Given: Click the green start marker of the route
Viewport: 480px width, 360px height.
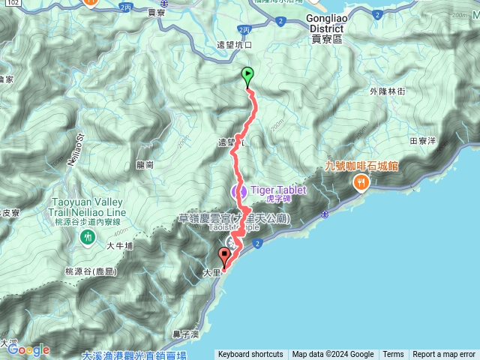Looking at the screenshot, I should pyautogui.click(x=248, y=75).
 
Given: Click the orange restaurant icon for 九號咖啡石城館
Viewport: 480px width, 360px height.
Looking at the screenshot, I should pyautogui.click(x=362, y=181).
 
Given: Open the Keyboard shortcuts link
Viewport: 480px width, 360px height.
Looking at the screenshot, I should pyautogui.click(x=250, y=355).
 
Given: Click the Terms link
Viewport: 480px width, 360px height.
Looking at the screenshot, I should pyautogui.click(x=393, y=355).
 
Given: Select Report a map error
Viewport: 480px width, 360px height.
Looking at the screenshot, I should pyautogui.click(x=444, y=355).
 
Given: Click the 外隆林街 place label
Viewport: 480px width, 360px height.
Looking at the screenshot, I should pyautogui.click(x=387, y=91).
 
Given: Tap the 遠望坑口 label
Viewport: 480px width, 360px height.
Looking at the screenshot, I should pyautogui.click(x=233, y=45).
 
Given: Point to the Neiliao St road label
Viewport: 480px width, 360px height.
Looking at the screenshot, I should pyautogui.click(x=79, y=140).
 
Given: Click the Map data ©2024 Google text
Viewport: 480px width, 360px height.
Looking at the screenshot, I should pyautogui.click(x=333, y=355).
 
